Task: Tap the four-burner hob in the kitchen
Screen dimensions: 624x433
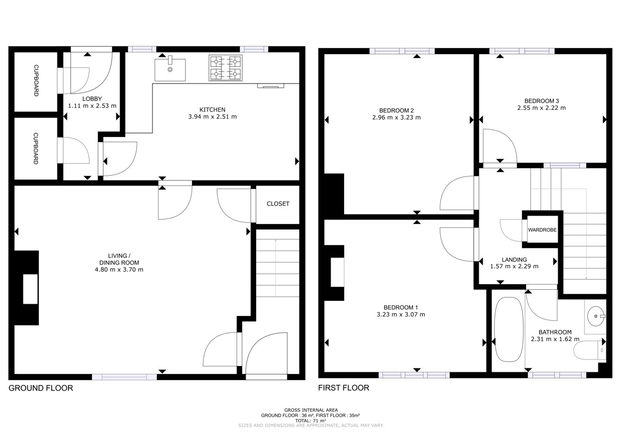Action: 225,68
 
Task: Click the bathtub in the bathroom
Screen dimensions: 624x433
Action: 509,329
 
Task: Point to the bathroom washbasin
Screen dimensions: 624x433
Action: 596,317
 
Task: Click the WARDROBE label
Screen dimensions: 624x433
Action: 542,230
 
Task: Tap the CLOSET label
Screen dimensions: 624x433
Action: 278,203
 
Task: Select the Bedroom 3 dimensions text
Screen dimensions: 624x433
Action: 541,108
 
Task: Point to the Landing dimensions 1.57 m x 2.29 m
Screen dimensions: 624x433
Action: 514,266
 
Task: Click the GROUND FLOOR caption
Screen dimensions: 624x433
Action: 41,388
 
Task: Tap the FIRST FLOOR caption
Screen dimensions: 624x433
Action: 343,388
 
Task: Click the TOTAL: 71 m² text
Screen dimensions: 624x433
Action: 311,420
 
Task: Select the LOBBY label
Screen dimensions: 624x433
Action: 92,99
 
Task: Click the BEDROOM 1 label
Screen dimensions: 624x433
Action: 401,308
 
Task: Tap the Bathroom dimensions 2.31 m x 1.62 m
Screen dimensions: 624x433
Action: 555,339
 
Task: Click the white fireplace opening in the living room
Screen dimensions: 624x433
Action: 30,289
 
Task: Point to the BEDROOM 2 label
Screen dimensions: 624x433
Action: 396,110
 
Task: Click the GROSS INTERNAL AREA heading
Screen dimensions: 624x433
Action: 311,410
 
